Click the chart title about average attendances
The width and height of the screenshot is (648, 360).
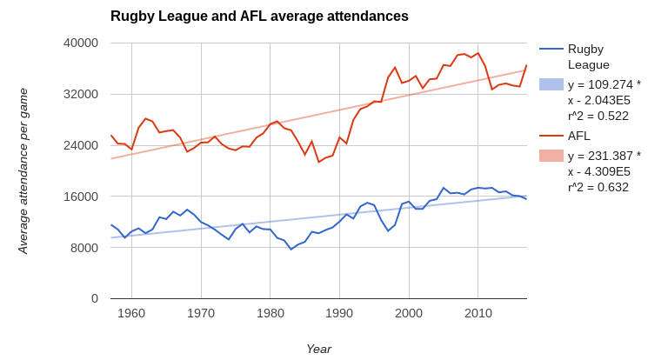(x=259, y=17)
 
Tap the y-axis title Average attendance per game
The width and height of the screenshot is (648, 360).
(x=23, y=170)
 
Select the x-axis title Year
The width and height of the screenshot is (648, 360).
(x=318, y=349)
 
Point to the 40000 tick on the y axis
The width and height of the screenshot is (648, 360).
(x=81, y=43)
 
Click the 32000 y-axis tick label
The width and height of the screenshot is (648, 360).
(x=81, y=94)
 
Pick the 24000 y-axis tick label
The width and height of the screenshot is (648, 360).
(x=81, y=145)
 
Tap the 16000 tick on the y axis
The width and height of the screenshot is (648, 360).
(x=81, y=197)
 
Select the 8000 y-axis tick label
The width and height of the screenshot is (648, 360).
(x=84, y=248)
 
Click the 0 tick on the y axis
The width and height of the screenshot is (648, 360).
(x=95, y=298)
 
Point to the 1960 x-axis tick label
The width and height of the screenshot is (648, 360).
(x=131, y=313)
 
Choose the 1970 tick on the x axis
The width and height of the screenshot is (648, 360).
(x=201, y=313)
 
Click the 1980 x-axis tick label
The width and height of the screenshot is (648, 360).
(x=271, y=313)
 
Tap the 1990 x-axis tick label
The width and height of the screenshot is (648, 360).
(x=339, y=313)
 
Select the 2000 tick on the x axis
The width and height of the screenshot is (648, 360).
(x=409, y=313)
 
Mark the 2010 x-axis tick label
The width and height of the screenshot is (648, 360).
(x=478, y=313)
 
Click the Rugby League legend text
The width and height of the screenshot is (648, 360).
(x=588, y=57)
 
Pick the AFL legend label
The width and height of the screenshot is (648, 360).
(x=579, y=136)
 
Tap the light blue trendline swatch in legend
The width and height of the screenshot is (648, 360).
(x=551, y=84)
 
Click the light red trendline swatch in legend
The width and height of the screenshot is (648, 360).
(x=551, y=156)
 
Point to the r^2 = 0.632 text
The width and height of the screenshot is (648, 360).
(x=598, y=187)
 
